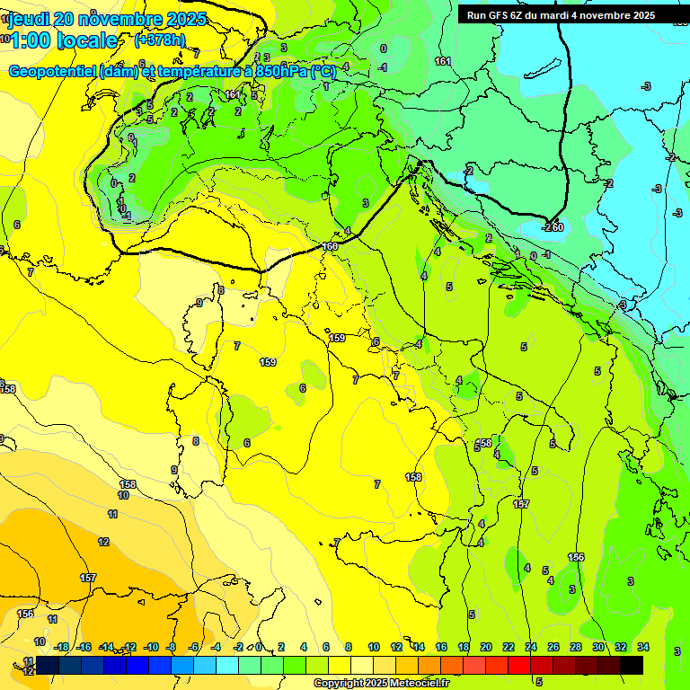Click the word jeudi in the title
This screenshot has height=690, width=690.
click(x=29, y=19)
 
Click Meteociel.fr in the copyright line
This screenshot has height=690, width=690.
click(x=426, y=683)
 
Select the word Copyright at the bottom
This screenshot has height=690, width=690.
click(x=340, y=683)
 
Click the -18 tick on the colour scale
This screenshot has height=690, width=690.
click(x=61, y=647)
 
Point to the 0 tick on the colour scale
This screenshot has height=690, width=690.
click(x=259, y=647)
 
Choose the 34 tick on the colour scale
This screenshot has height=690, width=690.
click(x=643, y=647)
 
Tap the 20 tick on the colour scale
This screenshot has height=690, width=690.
click(x=486, y=647)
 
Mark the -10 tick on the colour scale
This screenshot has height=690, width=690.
click(x=151, y=647)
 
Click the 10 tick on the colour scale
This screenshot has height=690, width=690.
click(x=373, y=647)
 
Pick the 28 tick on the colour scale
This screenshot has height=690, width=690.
click(x=576, y=647)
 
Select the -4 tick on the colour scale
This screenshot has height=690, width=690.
click(x=217, y=647)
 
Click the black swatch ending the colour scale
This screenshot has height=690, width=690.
click(x=631, y=665)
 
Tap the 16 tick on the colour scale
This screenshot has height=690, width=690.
click(x=441, y=647)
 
